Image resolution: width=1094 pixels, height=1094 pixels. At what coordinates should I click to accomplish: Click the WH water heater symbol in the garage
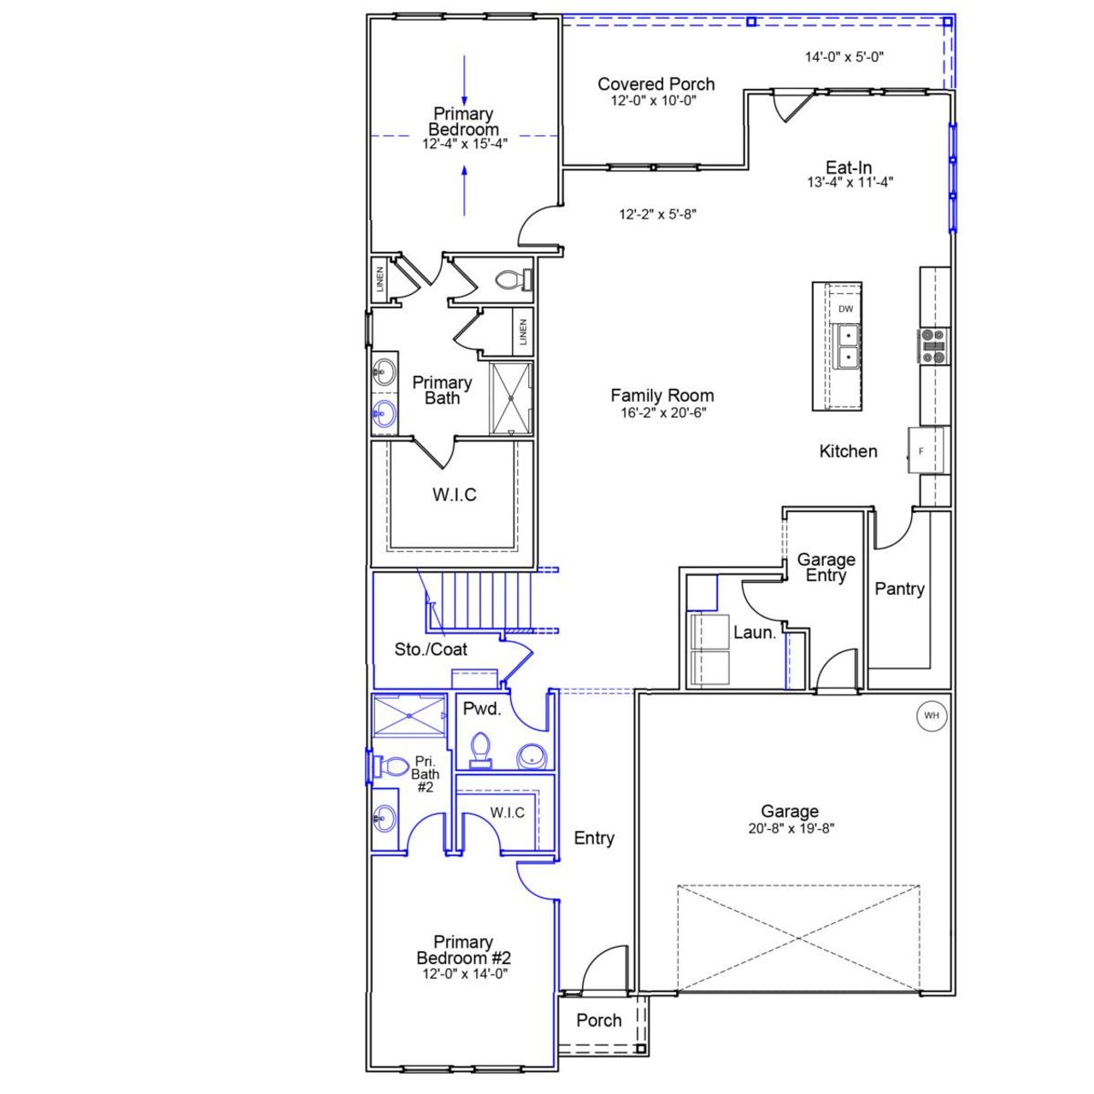pos(931,715)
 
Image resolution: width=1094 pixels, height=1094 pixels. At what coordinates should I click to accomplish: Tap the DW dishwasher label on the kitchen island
pos(845,309)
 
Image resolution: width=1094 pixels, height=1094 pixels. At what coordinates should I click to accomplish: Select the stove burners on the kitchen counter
pos(932,346)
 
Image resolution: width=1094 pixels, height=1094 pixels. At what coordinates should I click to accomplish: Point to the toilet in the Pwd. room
pos(480,750)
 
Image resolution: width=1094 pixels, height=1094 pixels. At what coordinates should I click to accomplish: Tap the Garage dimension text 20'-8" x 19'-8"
pos(790,828)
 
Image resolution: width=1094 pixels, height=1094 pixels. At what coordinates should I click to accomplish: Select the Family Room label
pos(662,396)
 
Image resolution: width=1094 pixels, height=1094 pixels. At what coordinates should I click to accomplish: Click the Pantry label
pos(899,589)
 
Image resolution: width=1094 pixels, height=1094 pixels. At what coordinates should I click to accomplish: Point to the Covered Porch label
pos(656,84)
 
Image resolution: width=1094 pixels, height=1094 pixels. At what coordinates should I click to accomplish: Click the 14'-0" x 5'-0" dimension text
pos(844,57)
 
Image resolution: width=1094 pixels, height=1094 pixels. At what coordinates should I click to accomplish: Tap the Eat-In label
pos(849,168)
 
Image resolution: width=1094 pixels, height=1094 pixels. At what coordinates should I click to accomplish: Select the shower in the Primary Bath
pos(510,398)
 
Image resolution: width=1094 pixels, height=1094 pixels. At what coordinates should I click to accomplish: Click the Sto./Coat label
pos(431,650)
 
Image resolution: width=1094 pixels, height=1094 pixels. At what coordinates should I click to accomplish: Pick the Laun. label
pos(755,633)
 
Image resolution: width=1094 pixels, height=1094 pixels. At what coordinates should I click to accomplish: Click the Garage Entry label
pos(826,568)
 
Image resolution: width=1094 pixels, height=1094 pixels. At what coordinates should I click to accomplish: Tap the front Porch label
pos(598,1020)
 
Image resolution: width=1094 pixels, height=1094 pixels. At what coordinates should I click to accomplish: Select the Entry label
pos(594,838)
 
